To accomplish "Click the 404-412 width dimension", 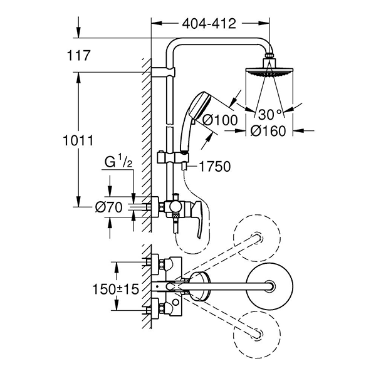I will [x=209, y=24].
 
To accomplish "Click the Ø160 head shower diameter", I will [x=269, y=131].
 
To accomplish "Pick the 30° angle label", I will [x=269, y=115].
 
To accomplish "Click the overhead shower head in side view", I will [x=270, y=71].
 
